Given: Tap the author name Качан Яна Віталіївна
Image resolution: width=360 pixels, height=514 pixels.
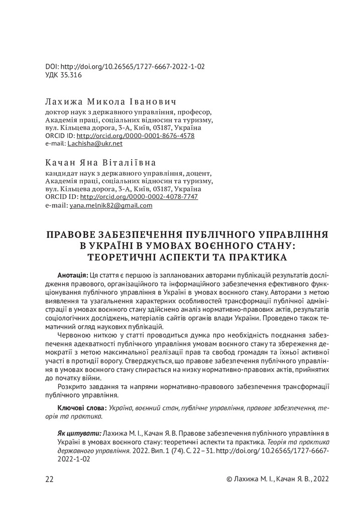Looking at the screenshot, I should tap(100, 163).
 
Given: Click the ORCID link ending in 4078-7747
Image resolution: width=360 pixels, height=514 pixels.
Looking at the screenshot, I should tap(139, 197).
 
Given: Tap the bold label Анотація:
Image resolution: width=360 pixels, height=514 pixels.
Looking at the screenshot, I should tap(73, 276).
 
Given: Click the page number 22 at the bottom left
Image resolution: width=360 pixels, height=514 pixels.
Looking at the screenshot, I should tap(49, 479).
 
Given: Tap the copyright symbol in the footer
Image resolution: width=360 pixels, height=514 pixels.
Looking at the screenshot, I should tap(229, 479).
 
